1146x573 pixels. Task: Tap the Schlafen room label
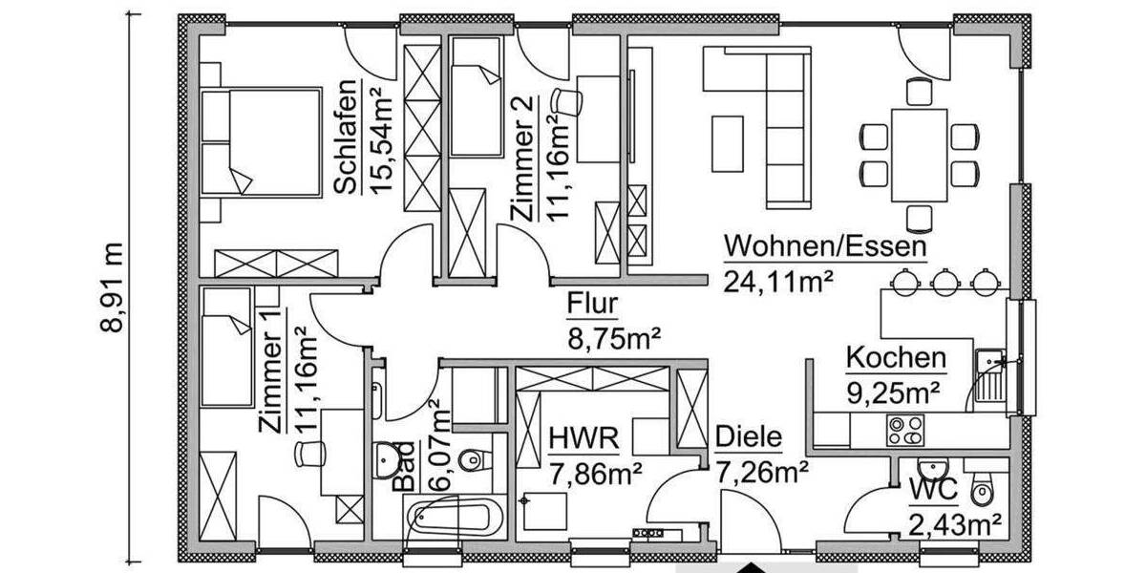347,136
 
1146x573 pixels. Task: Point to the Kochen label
896,359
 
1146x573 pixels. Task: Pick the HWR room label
584,439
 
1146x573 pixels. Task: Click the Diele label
748,439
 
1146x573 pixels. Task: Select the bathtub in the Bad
454,520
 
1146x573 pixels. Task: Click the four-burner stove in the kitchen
905,431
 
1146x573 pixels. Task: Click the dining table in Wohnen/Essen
919,155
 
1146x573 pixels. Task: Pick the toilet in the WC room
982,490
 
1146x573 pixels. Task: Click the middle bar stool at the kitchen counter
945,280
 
